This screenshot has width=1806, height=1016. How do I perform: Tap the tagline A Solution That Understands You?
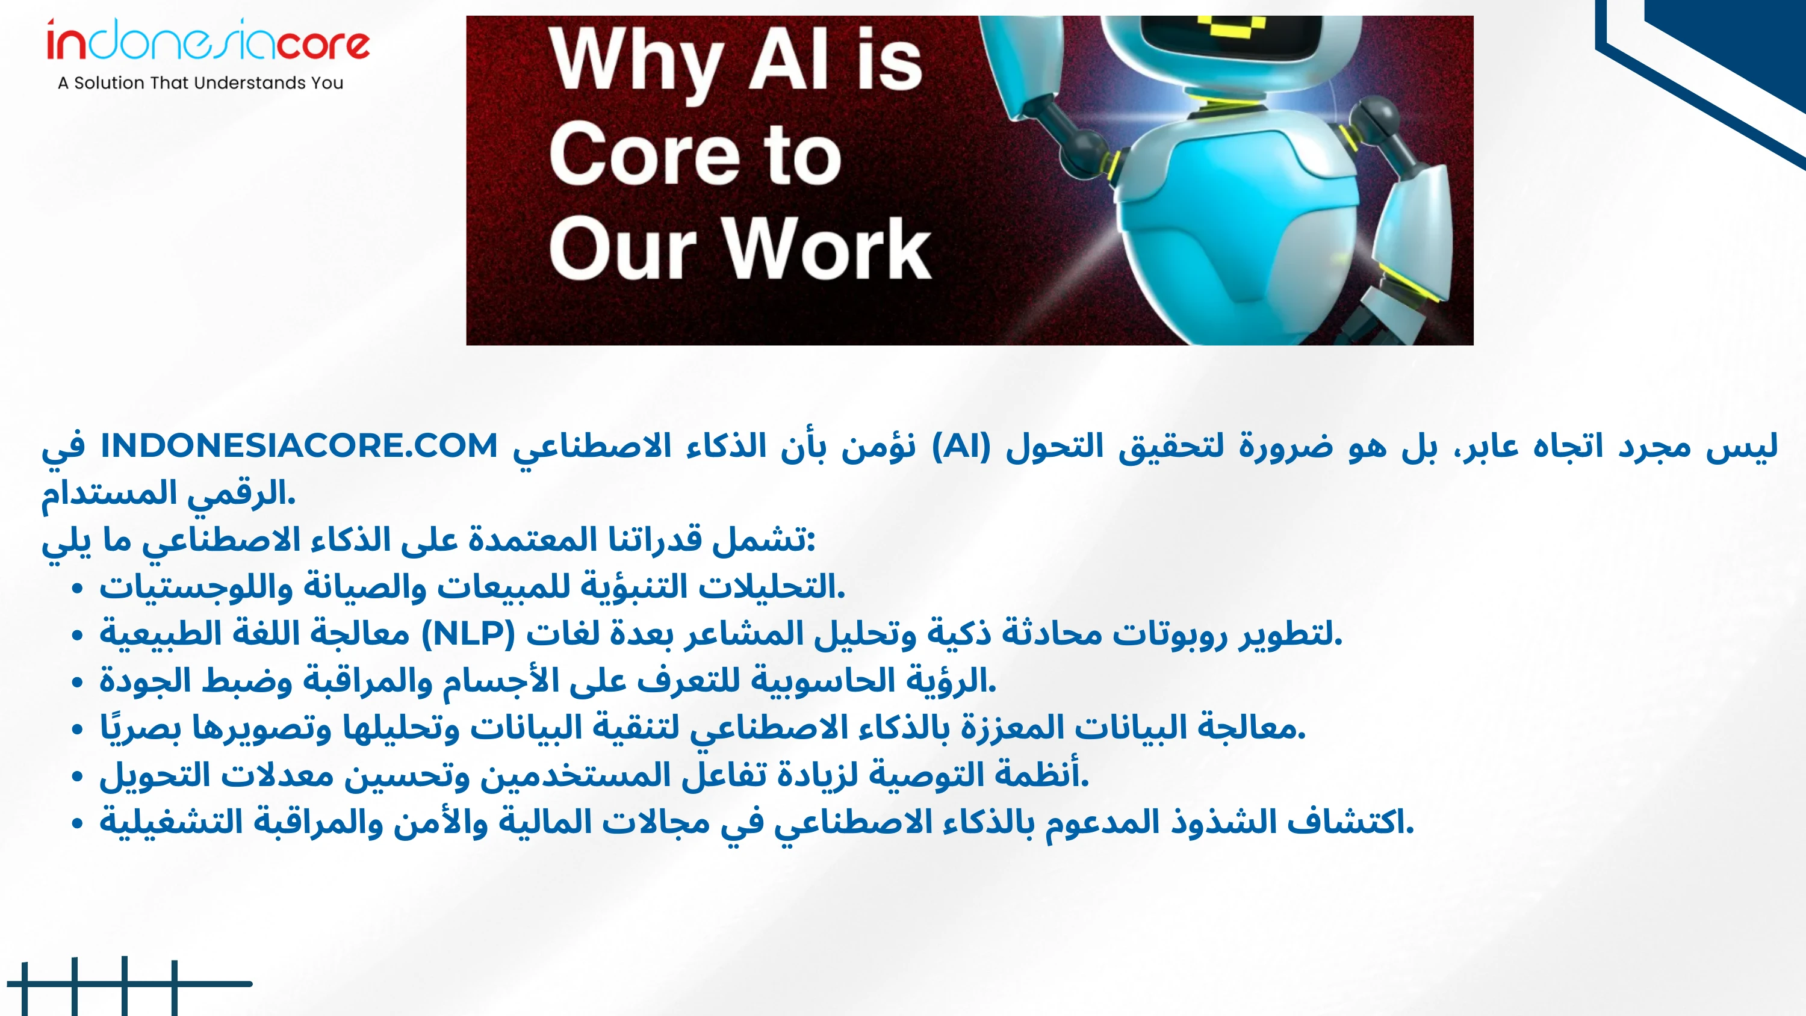click(x=200, y=82)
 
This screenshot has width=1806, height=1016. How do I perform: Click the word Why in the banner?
click(x=636, y=64)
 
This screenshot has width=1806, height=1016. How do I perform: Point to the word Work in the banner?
click(x=827, y=247)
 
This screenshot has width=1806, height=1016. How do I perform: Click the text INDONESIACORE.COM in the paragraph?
click(x=299, y=446)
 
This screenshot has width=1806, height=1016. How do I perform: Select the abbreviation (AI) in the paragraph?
click(x=961, y=446)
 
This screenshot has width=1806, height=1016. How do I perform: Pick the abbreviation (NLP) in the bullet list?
click(x=468, y=634)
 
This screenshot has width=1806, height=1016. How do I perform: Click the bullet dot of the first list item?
click(x=77, y=587)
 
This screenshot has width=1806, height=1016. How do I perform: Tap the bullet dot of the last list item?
click(x=77, y=823)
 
